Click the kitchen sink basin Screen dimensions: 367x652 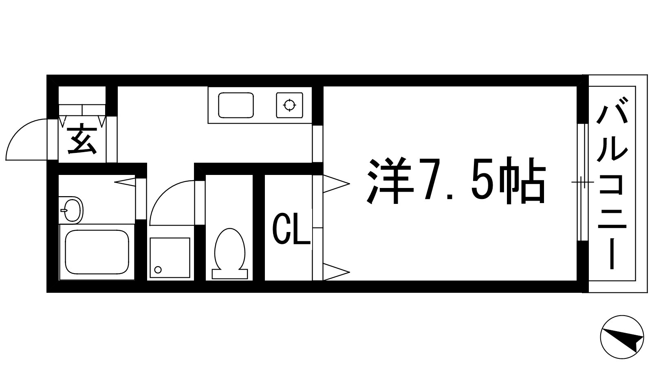(236, 105)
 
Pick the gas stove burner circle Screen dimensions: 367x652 (289, 105)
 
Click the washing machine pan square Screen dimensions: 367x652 (170, 258)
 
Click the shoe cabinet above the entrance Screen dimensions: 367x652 (82, 109)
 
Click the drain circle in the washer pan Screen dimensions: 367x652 (158, 270)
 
